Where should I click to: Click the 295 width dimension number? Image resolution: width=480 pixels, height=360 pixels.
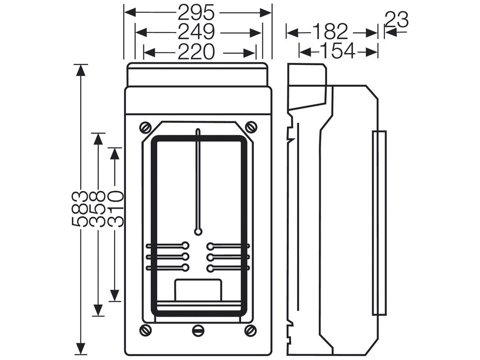coord(196,12)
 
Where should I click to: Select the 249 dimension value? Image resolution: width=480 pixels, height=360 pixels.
coord(196,32)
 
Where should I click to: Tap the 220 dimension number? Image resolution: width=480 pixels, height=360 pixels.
coord(196,52)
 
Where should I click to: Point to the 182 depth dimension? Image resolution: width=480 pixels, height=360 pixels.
coord(330,32)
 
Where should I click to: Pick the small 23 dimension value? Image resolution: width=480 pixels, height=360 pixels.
coord(396,20)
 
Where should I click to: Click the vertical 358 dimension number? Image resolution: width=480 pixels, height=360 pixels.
coord(98,208)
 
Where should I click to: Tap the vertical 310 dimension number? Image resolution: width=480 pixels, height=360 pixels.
coord(116,208)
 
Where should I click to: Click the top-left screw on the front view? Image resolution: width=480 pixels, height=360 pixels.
coord(146,128)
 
